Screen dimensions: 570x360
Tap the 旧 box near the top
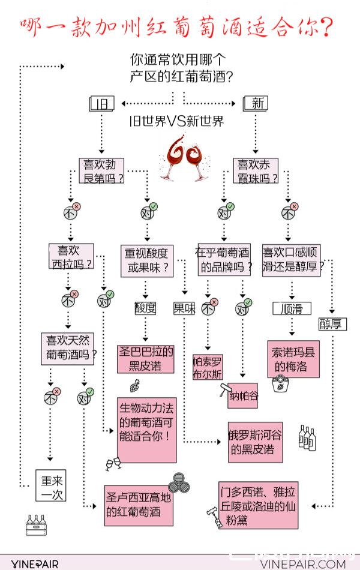[101, 103]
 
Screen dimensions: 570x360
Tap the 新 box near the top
[256, 103]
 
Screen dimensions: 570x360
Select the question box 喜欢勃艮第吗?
[104, 170]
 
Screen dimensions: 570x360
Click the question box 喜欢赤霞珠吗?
[257, 170]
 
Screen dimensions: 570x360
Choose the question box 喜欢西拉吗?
[72, 257]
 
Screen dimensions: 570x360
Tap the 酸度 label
[145, 308]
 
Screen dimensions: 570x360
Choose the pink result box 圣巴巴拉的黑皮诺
[146, 358]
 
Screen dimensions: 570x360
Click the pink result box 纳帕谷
[242, 396]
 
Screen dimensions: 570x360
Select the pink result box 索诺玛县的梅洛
[293, 358]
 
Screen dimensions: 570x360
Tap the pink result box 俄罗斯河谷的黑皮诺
[255, 442]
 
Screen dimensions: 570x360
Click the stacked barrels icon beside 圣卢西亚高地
[178, 482]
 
